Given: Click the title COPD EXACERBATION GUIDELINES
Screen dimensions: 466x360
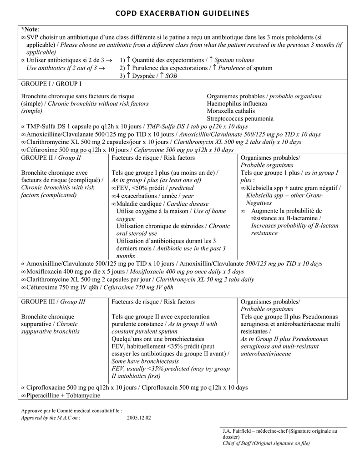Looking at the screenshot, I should pos(180,14).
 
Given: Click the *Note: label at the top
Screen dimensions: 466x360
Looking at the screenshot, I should pos(30,29).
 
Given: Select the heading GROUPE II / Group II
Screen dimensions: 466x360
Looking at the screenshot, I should pos(51,158).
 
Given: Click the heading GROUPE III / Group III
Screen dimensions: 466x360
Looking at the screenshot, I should pos(53,302).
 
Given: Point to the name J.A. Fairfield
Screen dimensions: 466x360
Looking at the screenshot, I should pos(237,431).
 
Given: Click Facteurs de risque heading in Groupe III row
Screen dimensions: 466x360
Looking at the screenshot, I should pos(153,302).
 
